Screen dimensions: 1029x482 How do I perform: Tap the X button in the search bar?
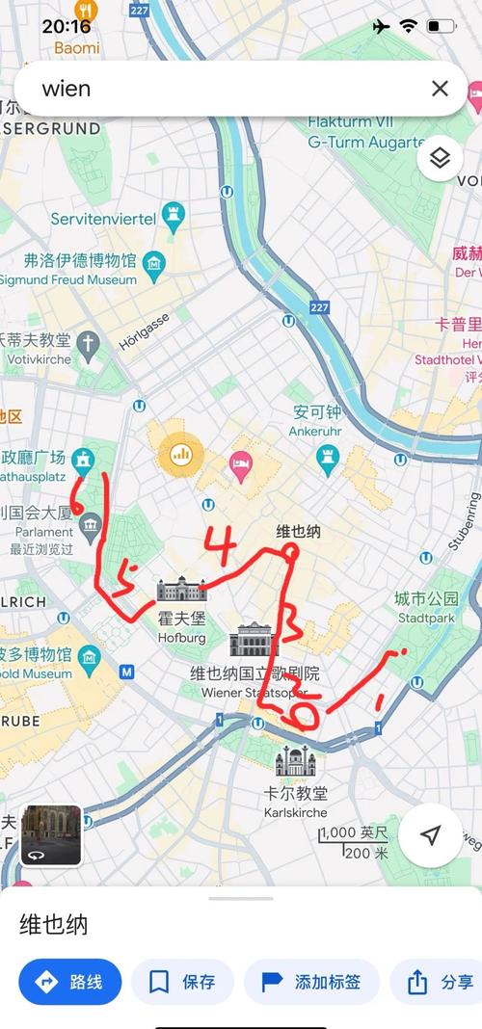coord(440,89)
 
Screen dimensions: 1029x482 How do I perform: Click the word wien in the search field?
coord(67,89)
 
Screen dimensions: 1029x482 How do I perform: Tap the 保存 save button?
coord(182,982)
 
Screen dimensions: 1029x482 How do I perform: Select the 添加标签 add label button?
coord(312,982)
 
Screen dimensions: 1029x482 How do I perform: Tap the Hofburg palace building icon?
coord(181,590)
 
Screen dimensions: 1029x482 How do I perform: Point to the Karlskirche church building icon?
coord(295,762)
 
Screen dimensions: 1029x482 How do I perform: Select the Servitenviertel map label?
coord(103,219)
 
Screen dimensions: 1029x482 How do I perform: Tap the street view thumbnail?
coord(51,835)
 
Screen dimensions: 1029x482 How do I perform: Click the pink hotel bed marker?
coord(240,467)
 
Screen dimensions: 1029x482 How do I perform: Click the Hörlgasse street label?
coord(144,330)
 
